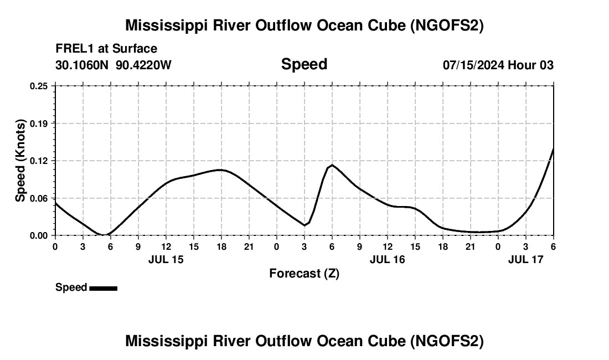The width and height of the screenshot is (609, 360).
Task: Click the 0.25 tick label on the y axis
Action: (39, 86)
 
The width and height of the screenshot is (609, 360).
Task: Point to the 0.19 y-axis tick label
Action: (39, 123)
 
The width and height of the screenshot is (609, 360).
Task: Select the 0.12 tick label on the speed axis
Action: (39, 161)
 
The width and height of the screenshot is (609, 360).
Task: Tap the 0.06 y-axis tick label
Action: (39, 198)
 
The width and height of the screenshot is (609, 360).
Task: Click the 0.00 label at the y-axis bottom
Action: (39, 235)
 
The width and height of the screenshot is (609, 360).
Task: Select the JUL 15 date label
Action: (166, 259)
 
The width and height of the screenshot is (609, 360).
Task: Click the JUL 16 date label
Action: (388, 259)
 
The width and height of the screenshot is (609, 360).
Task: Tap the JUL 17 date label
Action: (526, 259)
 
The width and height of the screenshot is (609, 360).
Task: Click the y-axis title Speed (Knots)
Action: (20, 161)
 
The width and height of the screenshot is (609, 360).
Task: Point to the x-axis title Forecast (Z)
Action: (304, 273)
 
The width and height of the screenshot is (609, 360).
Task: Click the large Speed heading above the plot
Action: (304, 64)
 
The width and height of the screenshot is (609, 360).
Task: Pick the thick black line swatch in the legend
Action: (103, 288)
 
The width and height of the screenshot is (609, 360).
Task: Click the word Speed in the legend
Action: (71, 287)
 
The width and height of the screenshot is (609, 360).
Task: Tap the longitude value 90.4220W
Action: (144, 65)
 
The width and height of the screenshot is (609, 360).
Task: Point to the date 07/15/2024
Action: (473, 65)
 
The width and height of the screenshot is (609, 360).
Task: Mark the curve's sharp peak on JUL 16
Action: (332, 165)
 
